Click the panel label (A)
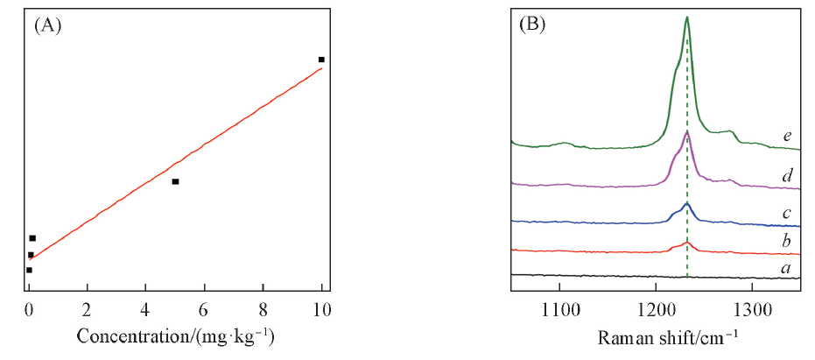pos(47,25)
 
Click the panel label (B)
pos(532,25)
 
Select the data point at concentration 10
pos(321,60)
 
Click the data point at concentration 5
pos(175,181)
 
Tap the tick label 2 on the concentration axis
pos(87,309)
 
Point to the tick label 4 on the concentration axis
pos(145,309)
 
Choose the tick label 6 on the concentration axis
pos(204,309)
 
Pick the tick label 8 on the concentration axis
pos(263,309)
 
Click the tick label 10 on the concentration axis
pos(323,309)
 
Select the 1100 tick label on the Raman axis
pos(560,309)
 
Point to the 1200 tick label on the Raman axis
pos(656,309)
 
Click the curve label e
pos(789,137)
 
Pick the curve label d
pos(789,175)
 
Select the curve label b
pos(789,240)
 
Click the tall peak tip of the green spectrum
pos(687,17)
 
